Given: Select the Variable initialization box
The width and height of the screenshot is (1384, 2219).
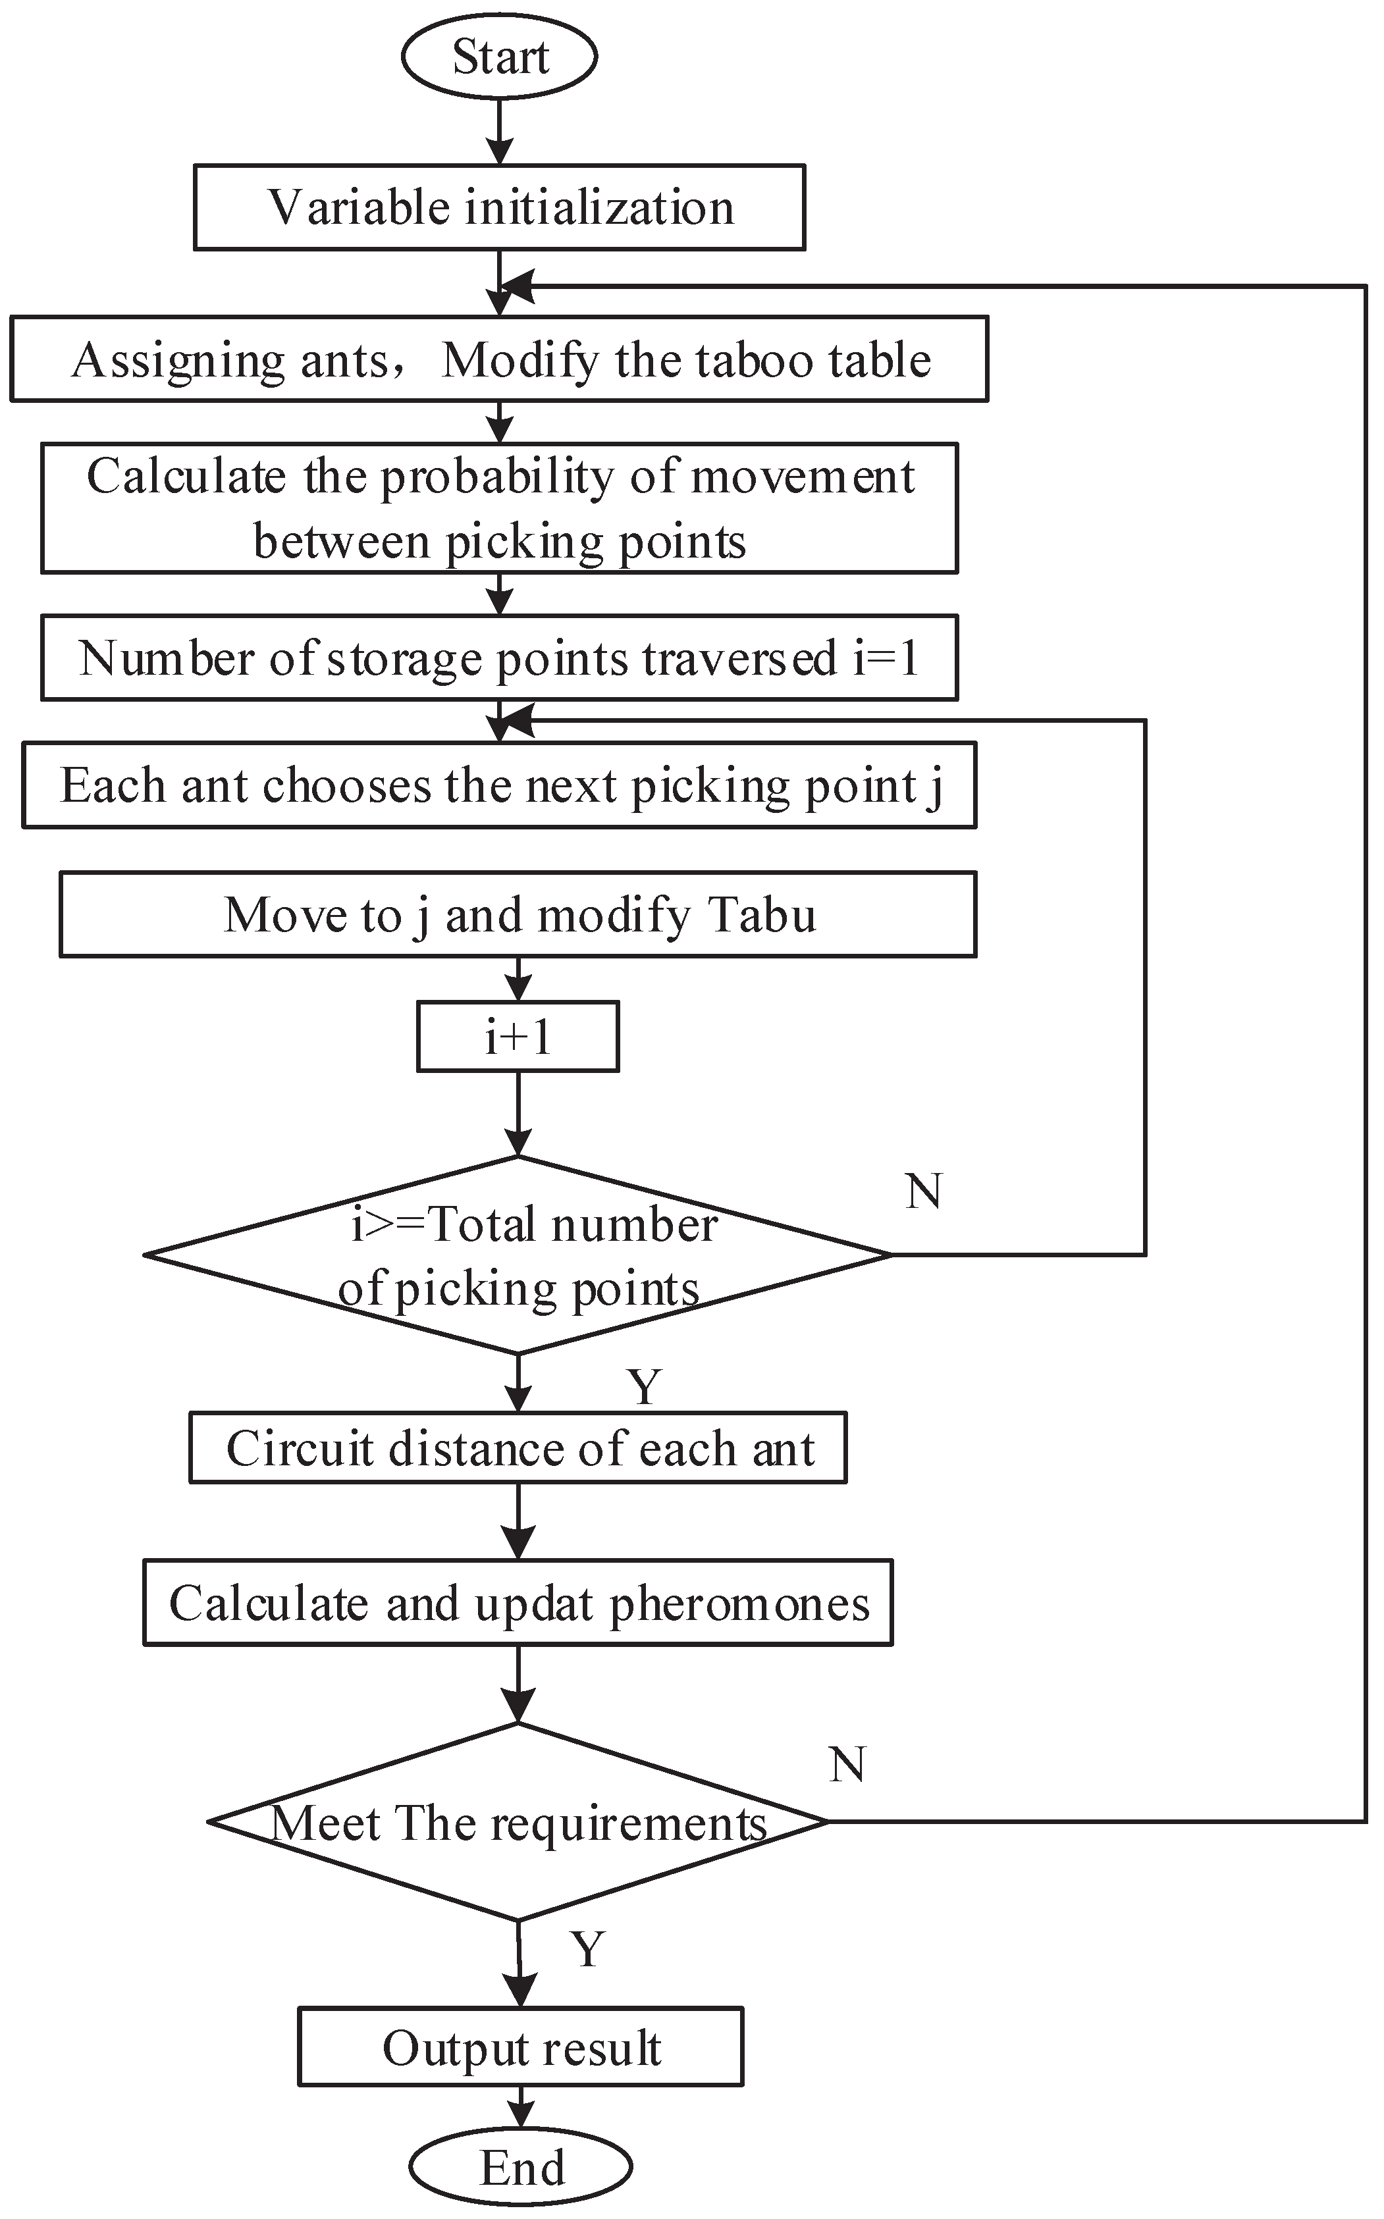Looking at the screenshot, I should point(500,208).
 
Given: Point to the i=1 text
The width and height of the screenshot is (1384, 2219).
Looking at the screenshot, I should point(886,658).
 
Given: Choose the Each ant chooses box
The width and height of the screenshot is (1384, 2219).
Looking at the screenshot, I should point(500,785).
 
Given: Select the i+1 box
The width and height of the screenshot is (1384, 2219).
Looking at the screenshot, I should point(518,1037).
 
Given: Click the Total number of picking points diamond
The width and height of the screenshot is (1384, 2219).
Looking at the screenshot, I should point(518,1255).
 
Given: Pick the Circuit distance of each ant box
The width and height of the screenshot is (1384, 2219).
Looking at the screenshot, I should point(518,1449).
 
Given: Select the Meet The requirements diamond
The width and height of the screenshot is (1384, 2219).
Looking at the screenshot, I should point(518,1823).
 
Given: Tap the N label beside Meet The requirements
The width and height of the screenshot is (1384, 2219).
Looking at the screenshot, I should point(847,1764).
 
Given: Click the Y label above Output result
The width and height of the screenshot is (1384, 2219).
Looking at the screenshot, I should point(588,1949).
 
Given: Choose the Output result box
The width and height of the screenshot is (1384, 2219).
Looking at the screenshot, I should point(520,2048).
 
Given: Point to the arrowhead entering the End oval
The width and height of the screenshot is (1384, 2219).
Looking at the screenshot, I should point(520,2116).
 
